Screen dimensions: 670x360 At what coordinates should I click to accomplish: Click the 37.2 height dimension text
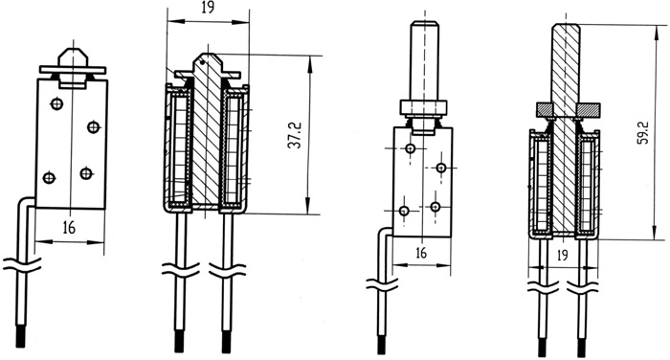coord(295,135)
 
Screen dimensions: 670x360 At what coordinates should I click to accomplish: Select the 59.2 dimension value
coord(643,132)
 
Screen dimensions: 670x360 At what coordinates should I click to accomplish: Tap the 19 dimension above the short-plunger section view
coord(208,8)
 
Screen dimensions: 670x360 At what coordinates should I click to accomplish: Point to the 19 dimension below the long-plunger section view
coord(563,256)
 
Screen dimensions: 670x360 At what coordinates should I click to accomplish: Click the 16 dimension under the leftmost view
coord(69,228)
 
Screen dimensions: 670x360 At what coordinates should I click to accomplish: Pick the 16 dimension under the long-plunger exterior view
coord(421,253)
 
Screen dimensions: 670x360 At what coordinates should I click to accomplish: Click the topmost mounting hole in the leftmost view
coord(56,103)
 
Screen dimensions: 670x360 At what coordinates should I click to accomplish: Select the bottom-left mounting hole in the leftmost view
coord(49,177)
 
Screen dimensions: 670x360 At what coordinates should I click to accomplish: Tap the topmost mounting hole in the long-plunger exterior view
coord(411,148)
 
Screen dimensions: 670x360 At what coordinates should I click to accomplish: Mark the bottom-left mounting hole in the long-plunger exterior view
coord(404,211)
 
